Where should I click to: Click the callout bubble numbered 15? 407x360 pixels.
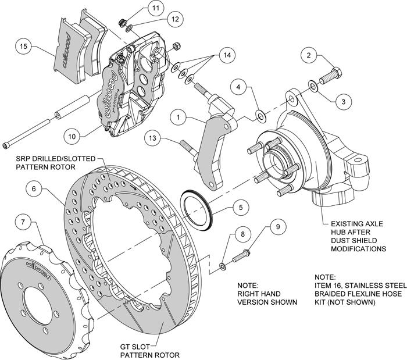[23, 45]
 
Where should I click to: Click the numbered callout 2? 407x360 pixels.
[310, 56]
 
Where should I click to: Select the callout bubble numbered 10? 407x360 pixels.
[71, 137]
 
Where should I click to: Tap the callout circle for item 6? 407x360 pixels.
[35, 188]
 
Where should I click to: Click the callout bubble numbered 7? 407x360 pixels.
[23, 222]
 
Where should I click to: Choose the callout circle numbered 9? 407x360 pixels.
[278, 227]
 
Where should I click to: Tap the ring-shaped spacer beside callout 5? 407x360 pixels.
[197, 205]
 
